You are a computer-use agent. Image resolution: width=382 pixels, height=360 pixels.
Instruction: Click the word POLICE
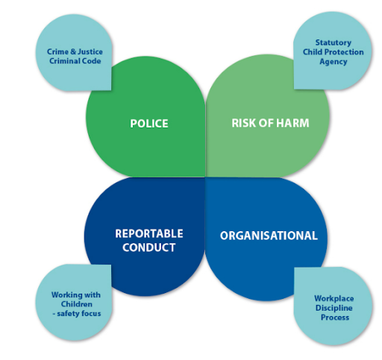coord(149,124)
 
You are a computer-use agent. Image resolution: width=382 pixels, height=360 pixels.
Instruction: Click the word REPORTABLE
coord(149,233)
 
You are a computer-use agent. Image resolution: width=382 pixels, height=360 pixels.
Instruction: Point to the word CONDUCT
coord(149,247)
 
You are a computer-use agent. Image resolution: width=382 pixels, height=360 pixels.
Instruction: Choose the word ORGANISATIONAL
coord(269,236)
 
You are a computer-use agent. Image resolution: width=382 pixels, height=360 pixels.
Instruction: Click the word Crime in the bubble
coord(57,51)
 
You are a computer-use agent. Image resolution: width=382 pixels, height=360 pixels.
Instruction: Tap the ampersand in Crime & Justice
coord(73,51)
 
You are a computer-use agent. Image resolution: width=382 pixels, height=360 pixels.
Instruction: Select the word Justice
coord(90,51)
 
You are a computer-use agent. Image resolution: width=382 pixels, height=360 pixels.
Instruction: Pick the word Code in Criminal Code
coord(92,61)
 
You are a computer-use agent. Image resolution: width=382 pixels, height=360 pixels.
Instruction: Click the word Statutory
coord(334,42)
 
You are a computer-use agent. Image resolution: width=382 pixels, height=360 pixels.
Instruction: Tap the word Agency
coord(334,62)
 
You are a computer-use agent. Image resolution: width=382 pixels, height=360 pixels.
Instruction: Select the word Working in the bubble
coord(64,295)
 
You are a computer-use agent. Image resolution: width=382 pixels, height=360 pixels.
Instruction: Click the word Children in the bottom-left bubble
coord(77,304)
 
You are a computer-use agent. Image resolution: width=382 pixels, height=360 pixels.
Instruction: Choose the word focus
coord(91,314)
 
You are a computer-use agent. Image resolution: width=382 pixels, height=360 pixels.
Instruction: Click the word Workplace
coord(334,298)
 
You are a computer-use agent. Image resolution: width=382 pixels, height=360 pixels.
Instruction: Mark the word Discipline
coord(334,308)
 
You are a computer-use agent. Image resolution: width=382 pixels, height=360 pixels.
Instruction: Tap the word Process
coord(335,318)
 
